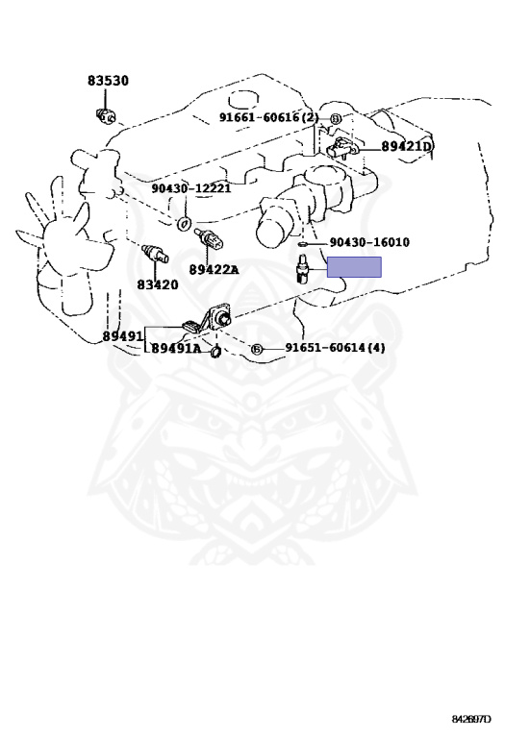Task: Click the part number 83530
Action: click(x=108, y=81)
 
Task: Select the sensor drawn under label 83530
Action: click(x=106, y=115)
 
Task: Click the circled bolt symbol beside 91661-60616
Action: click(x=335, y=119)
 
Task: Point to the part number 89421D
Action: click(x=407, y=146)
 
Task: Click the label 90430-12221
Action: click(x=191, y=188)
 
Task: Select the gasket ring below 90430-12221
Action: click(x=184, y=224)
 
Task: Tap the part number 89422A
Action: click(x=214, y=270)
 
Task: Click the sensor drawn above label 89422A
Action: click(x=209, y=239)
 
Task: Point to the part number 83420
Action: click(x=158, y=284)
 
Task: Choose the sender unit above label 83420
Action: click(x=155, y=254)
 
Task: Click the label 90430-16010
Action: click(x=369, y=242)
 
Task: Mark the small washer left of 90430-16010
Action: click(x=302, y=244)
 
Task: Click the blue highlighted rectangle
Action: click(x=354, y=267)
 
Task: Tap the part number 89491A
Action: click(x=176, y=349)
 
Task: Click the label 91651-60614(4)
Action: click(x=335, y=348)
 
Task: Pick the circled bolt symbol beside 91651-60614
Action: click(x=256, y=349)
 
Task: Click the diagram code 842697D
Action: click(x=471, y=719)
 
